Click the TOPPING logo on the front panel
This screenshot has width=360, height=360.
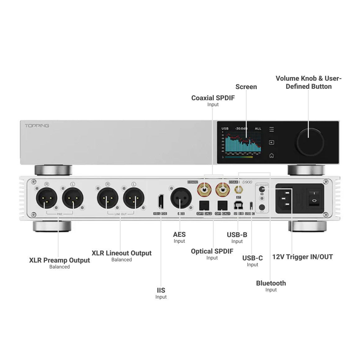click(x=37, y=126)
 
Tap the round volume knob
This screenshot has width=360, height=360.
click(x=310, y=142)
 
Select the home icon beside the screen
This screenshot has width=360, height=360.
click(x=272, y=155)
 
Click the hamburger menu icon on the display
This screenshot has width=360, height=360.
click(x=272, y=129)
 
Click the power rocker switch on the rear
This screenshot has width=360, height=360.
click(x=314, y=197)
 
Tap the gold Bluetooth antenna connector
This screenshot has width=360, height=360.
click(x=239, y=189)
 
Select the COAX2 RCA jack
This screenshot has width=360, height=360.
click(x=205, y=189)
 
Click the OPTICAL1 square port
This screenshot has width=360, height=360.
click(x=223, y=205)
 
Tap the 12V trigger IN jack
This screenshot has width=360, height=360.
click(x=262, y=189)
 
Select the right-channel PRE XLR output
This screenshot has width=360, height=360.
click(x=47, y=199)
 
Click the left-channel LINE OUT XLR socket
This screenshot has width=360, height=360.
click(x=134, y=199)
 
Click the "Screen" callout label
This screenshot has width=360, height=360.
click(x=246, y=87)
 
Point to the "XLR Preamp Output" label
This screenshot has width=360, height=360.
click(x=59, y=260)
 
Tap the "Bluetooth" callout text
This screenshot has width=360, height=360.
click(x=271, y=283)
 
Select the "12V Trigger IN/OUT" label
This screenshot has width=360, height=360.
click(x=302, y=257)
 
